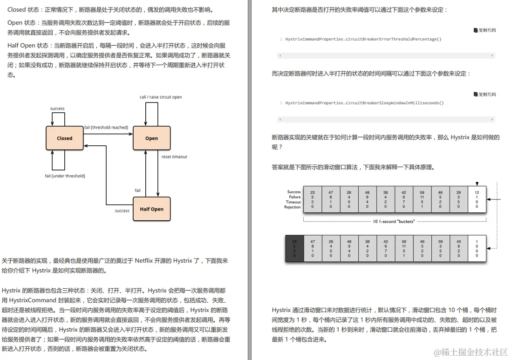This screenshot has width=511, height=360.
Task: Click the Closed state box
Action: pyautogui.click(x=65, y=138)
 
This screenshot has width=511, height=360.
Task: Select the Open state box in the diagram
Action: pyautogui.click(x=151, y=138)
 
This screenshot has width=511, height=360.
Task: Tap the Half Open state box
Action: pyautogui.click(x=151, y=209)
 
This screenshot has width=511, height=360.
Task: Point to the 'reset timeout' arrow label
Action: pyautogui.click(x=174, y=157)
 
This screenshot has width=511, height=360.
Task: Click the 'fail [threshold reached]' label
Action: pyautogui.click(x=106, y=128)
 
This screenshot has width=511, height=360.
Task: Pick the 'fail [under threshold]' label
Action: pyautogui.click(x=65, y=176)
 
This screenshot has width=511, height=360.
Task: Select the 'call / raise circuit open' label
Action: pyautogui.click(x=161, y=97)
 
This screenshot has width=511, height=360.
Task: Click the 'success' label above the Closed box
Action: pyautogui.click(x=57, y=109)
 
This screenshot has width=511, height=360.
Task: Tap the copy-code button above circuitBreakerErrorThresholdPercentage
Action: pyautogui.click(x=484, y=30)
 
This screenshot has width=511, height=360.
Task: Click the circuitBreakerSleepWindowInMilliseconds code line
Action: pyautogui.click(x=365, y=103)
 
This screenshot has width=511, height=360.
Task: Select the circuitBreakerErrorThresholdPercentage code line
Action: pyautogui.click(x=363, y=39)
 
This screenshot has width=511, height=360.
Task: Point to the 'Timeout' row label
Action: pyautogui.click(x=293, y=202)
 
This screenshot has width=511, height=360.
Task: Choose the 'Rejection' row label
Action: pyautogui.click(x=293, y=207)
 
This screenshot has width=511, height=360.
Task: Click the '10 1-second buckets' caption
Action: pyautogui.click(x=395, y=221)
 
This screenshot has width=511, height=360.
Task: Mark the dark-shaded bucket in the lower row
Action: pyautogui.click(x=294, y=249)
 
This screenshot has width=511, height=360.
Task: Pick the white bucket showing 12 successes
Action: pyautogui.click(x=476, y=200)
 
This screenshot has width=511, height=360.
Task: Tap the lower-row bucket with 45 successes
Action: pyautogui.click(x=458, y=249)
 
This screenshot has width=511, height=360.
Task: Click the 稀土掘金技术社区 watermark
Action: pyautogui.click(x=470, y=352)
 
